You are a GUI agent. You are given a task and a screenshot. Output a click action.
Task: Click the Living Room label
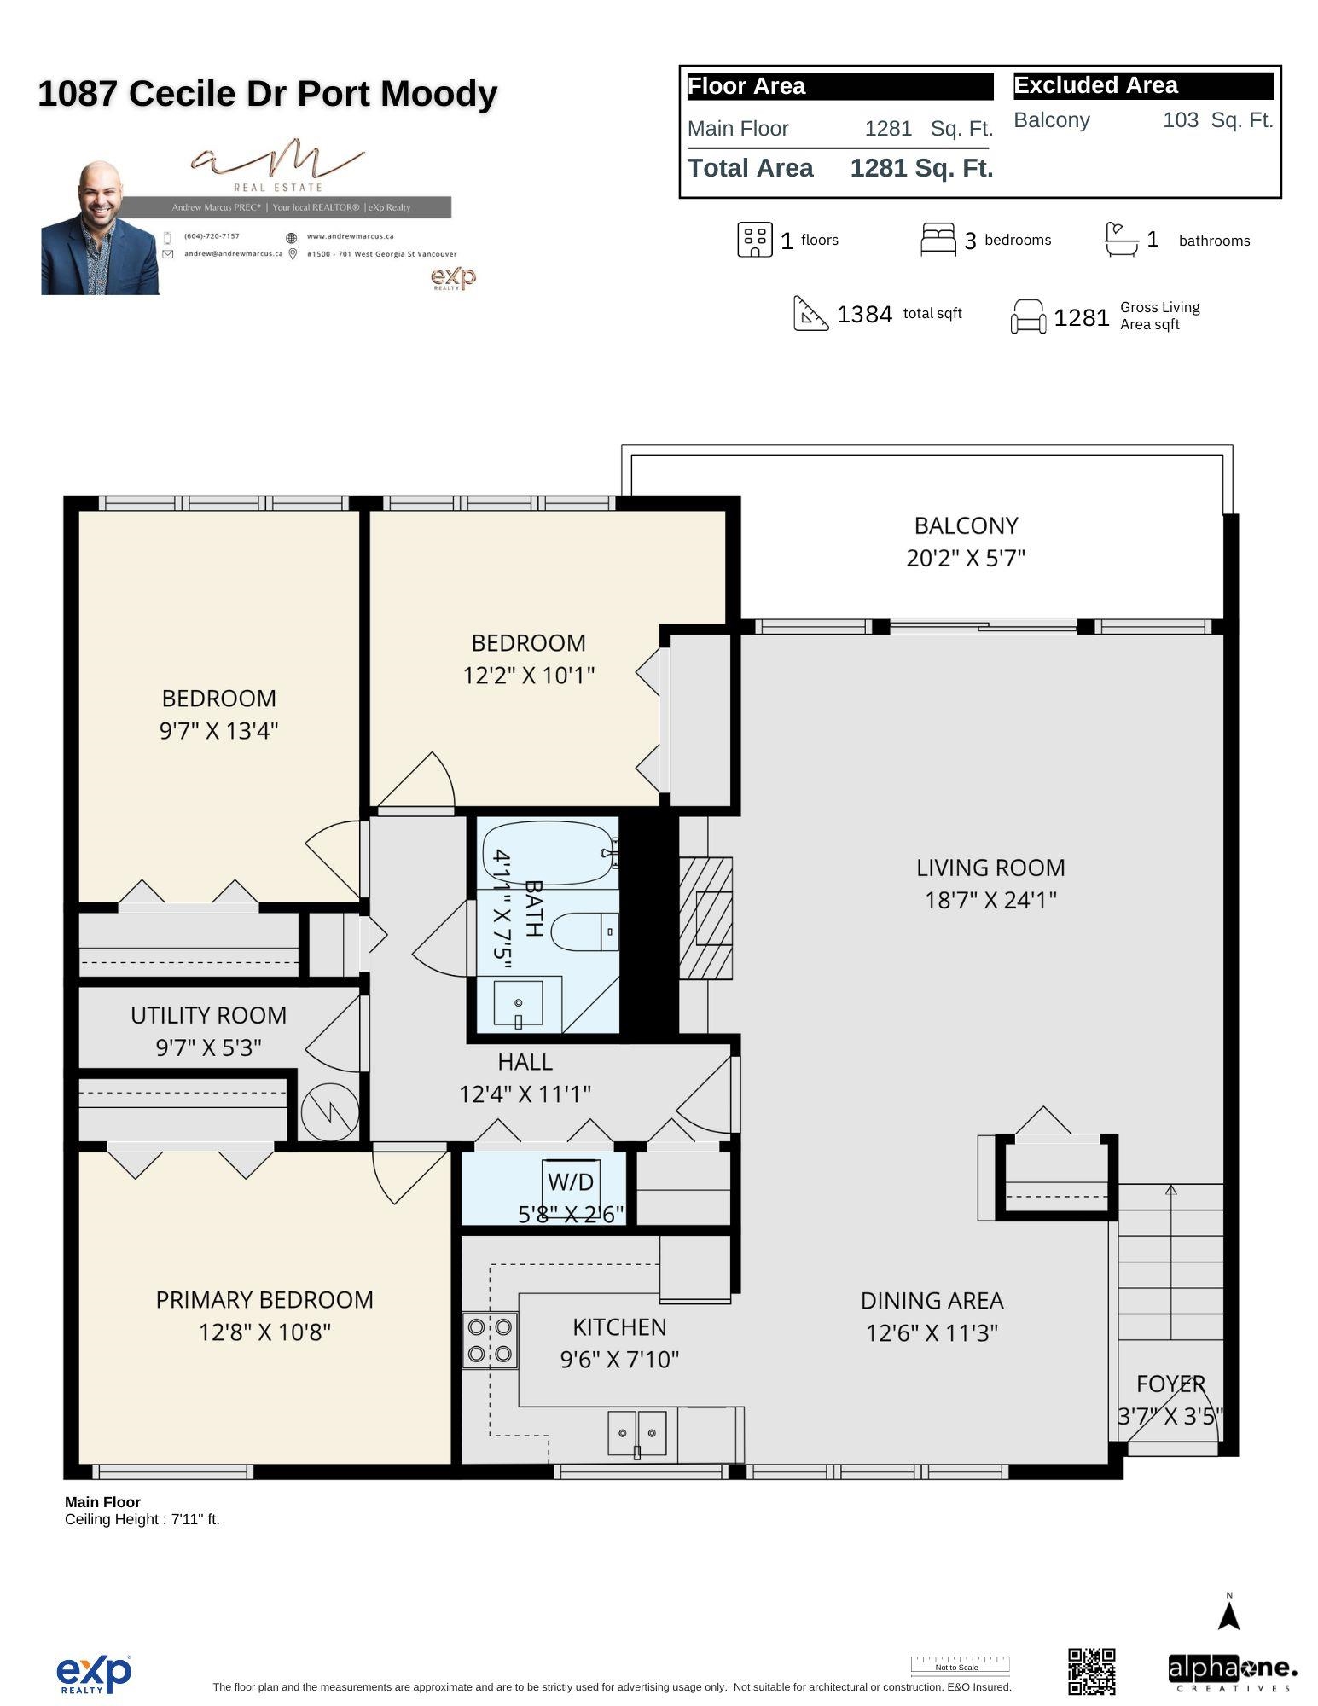coord(990,868)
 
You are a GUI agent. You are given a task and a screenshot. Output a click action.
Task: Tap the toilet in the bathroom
coord(585,931)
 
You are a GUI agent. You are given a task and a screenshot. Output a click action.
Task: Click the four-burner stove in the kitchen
coord(491,1340)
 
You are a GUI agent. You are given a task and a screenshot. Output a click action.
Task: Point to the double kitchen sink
coord(636,1433)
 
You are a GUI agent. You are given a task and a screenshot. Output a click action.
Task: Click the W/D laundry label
coord(570,1182)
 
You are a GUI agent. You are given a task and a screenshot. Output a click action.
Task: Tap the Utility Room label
coord(208,1015)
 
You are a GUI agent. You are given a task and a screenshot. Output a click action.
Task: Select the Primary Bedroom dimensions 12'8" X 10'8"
coord(264,1332)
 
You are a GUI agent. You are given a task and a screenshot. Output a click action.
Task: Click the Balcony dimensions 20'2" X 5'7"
coord(966,558)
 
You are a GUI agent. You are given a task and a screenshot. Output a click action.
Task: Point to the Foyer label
coord(1170,1383)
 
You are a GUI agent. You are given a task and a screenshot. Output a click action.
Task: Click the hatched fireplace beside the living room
coord(705,918)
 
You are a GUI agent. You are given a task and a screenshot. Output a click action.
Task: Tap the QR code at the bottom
coord(1091,1670)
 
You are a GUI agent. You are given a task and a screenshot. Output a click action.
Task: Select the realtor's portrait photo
coord(101,229)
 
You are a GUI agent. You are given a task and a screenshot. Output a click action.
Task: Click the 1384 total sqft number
coord(864,315)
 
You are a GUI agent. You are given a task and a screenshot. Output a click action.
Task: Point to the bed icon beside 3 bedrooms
coord(938,240)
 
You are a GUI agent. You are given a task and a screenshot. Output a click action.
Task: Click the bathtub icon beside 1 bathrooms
coord(1121,240)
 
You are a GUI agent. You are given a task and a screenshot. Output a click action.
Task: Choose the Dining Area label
coord(932,1300)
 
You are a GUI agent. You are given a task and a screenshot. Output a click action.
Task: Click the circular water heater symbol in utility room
coord(329,1111)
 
